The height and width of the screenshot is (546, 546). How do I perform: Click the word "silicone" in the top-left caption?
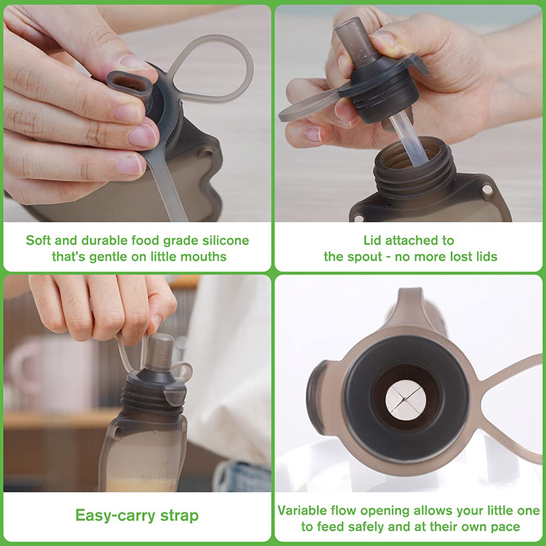(x=226, y=240)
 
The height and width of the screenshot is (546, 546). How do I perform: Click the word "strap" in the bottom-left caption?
(x=179, y=516)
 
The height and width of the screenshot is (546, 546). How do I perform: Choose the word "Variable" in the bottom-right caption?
(x=302, y=510)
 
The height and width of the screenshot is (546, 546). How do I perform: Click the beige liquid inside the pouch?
(x=141, y=484)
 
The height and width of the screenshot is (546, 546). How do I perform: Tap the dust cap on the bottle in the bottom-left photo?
(x=160, y=352)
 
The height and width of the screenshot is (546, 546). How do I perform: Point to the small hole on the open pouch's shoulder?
(x=487, y=191)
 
